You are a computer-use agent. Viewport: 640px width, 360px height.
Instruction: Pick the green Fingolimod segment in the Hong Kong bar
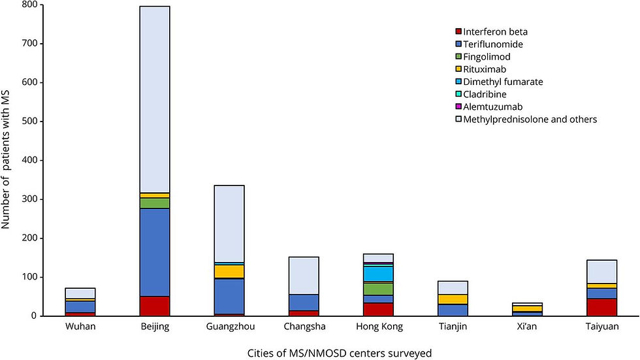377,289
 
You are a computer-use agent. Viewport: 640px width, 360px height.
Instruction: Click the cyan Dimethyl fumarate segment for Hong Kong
377,273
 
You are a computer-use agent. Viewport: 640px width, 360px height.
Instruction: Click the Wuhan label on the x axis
80,327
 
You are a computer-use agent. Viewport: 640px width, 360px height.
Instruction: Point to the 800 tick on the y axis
29,5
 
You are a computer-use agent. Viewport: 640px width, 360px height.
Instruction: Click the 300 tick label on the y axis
29,199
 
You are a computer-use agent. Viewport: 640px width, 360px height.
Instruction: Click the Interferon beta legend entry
496,32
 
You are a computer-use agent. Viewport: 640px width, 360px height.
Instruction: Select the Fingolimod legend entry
491,57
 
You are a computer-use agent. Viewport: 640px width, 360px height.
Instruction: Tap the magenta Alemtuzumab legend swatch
459,106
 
